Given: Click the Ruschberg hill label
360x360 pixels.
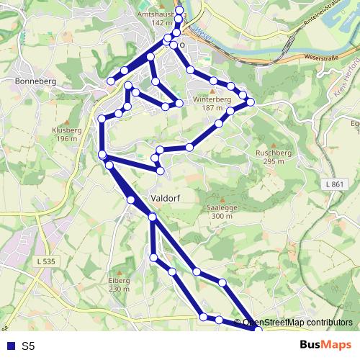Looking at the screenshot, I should (x=271, y=153).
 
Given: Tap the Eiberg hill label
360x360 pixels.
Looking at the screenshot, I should (x=119, y=280).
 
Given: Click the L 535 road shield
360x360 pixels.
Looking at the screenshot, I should (x=45, y=261).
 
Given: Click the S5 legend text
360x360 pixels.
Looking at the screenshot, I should (x=28, y=346).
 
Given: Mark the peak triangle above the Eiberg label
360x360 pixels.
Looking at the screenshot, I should (x=119, y=271).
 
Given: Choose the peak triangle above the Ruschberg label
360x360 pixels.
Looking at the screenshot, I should (x=271, y=144).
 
